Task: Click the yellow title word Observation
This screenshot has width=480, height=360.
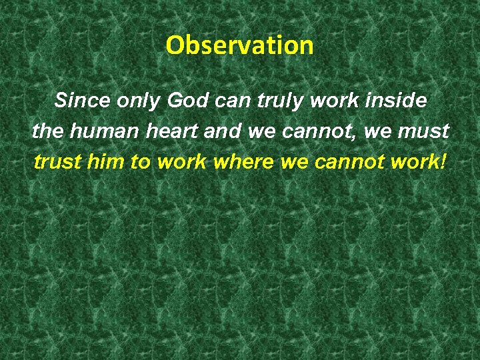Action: (x=239, y=45)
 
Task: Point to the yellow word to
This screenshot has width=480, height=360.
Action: (x=143, y=162)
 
